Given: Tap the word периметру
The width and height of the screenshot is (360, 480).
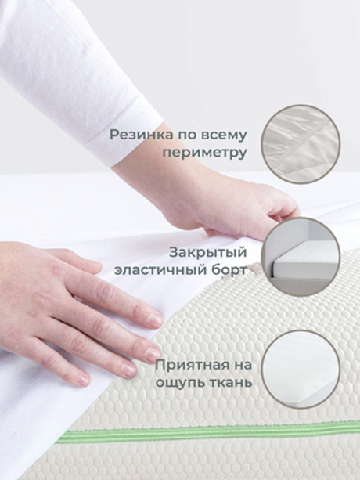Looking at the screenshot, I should (x=205, y=153).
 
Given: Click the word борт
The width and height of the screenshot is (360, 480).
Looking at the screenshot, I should (x=229, y=270).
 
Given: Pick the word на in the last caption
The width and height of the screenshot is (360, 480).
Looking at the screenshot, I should (x=239, y=365).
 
